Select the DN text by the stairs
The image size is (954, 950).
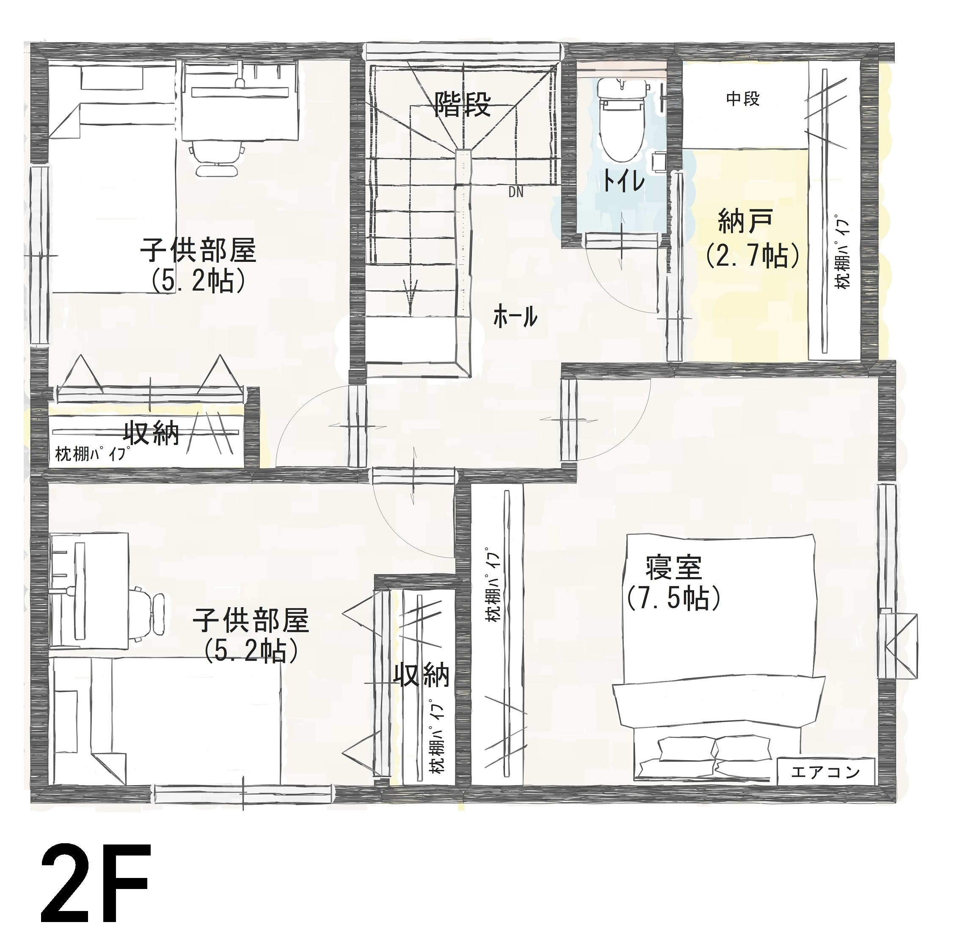pos(516,192)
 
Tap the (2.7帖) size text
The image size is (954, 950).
pos(753,255)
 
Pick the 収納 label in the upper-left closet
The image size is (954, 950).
pos(151,434)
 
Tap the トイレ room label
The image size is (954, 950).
pos(624,181)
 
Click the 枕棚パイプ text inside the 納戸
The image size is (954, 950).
pos(842,251)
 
